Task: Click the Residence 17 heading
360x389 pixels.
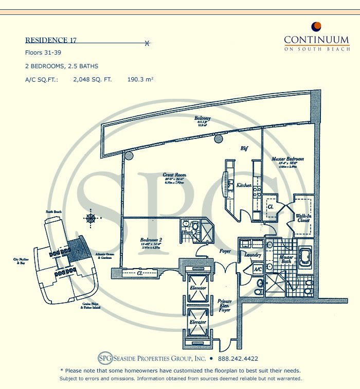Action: [51, 40]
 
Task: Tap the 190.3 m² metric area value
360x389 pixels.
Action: [141, 80]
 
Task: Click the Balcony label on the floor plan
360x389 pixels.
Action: [202, 118]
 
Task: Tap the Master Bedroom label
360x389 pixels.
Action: [287, 159]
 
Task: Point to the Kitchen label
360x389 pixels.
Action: [244, 185]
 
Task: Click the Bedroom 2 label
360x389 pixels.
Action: [152, 240]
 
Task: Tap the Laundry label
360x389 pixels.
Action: [253, 255]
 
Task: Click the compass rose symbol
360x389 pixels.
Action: [91, 218]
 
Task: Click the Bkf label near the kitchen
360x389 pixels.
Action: [245, 149]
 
